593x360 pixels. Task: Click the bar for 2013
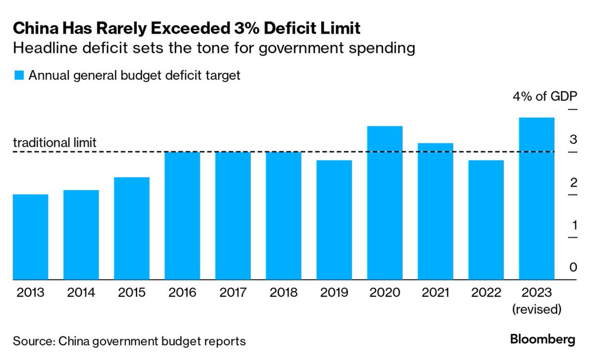[30, 237]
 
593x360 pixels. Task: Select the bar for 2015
[131, 228]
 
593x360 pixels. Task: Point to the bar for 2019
[334, 220]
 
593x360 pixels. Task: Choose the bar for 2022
[486, 220]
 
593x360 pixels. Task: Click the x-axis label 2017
[233, 292]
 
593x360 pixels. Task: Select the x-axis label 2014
[81, 292]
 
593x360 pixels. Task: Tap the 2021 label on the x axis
[435, 292]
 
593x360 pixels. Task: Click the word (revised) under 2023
[537, 310]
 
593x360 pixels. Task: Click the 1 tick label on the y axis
[573, 225]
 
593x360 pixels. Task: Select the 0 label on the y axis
[573, 268]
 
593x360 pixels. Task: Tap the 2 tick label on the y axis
[573, 183]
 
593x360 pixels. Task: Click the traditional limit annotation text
[54, 143]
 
